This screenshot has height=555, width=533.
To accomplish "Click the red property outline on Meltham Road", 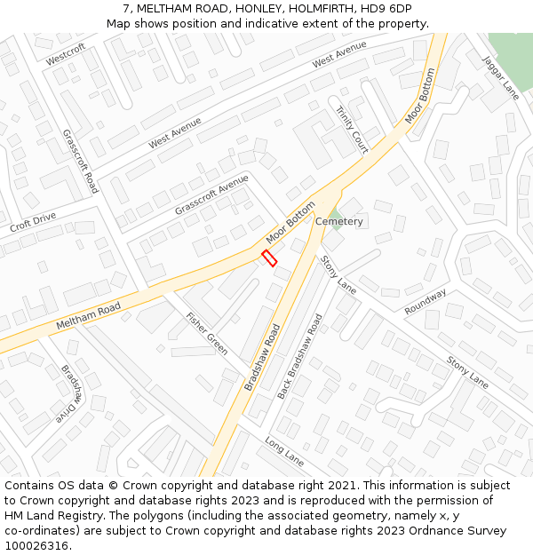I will coord(269,258).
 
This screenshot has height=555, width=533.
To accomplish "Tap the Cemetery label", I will coord(339,221).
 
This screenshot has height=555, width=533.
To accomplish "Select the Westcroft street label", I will coord(66,54).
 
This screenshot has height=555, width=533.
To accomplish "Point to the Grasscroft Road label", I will coord(80,162).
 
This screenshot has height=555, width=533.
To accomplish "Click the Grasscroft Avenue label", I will coord(211,194).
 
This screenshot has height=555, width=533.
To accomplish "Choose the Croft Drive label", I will coord(33,222).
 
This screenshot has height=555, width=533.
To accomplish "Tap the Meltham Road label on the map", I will coord(88,316).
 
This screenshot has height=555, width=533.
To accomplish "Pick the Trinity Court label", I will coord(352,130).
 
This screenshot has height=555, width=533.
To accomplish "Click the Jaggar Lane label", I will coord(500,77).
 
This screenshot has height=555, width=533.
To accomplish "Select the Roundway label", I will coord(426,302).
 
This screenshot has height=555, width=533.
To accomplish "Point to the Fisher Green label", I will coord(206,333).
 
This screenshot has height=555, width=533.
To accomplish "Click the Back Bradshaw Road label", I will coord(299,356).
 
